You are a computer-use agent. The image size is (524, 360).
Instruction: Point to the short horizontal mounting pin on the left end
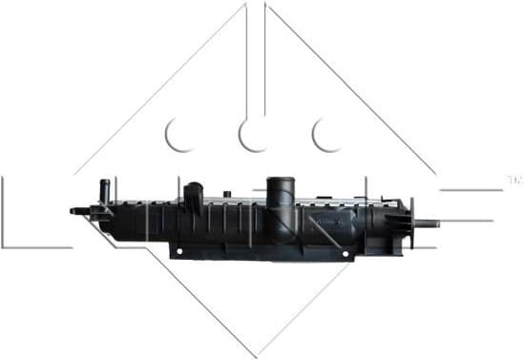76,210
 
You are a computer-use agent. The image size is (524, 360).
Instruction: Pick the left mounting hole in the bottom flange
179,252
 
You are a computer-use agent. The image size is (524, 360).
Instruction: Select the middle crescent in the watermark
254,136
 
